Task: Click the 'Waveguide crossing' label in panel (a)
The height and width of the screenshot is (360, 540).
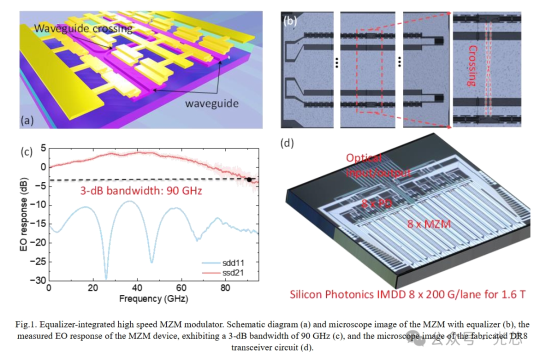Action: coord(83,28)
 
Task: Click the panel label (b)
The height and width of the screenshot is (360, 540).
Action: coord(290,21)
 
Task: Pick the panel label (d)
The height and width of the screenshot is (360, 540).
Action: coord(287,143)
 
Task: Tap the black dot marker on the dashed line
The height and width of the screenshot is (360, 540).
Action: coord(249,179)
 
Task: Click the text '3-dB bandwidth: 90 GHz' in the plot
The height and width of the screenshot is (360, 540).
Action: coord(141,190)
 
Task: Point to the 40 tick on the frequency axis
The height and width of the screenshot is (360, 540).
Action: coord(137,288)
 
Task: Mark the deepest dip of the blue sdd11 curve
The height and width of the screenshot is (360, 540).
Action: coord(106,278)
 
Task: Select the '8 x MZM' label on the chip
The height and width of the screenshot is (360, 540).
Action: coord(428,224)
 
